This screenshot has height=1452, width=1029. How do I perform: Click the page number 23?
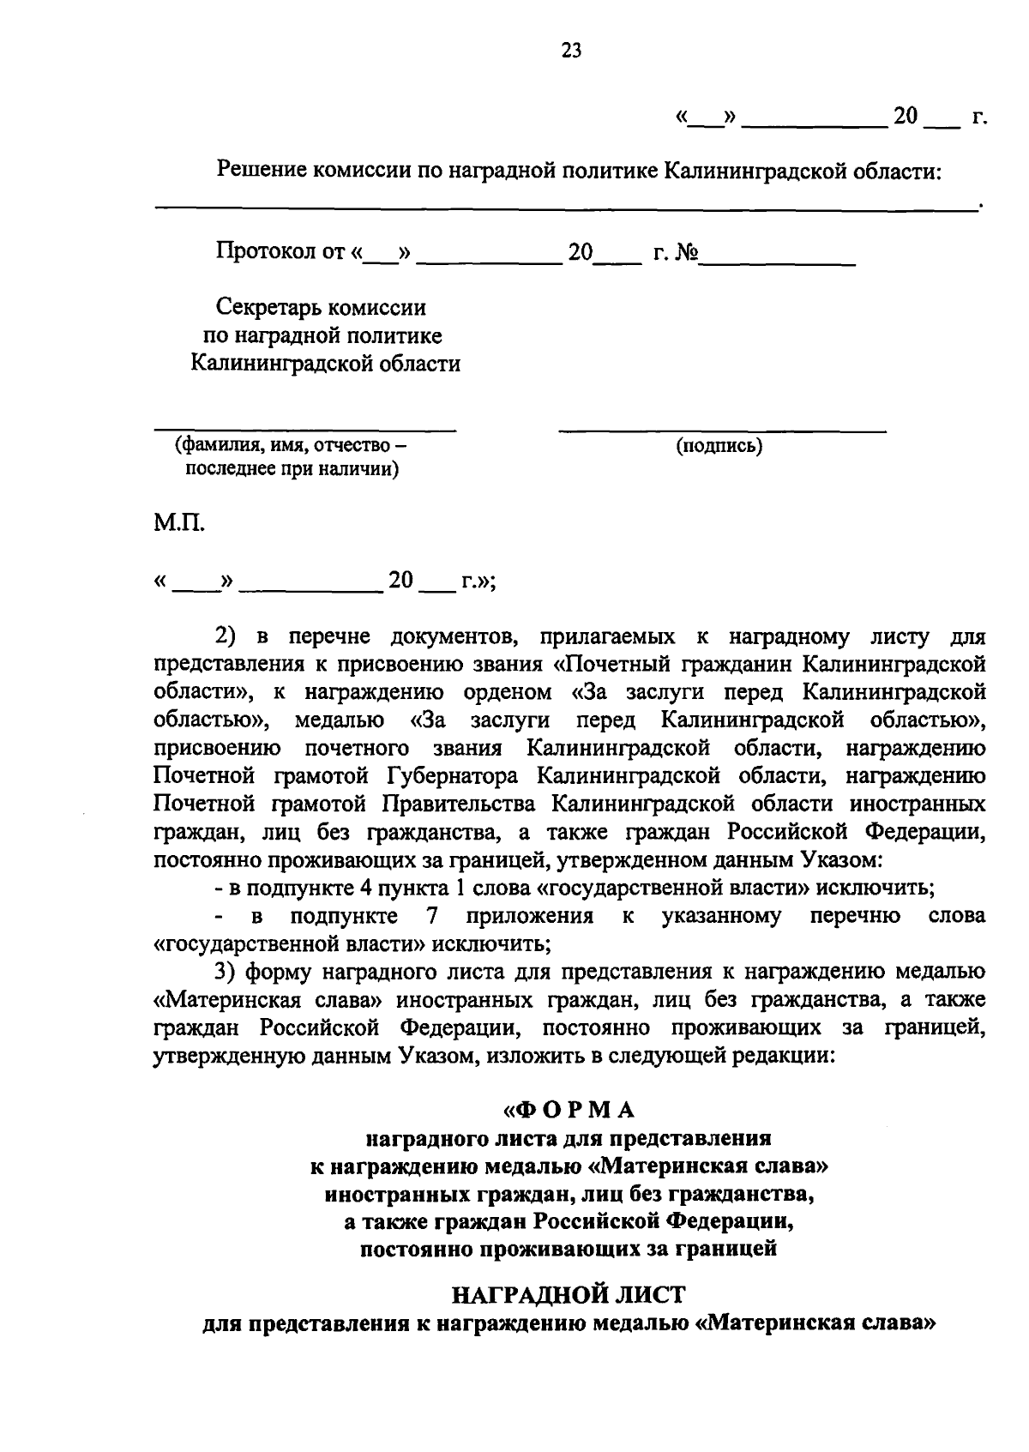pos(571,51)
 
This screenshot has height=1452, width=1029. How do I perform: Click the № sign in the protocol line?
pos(686,252)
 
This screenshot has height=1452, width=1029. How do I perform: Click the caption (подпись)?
pos(719,446)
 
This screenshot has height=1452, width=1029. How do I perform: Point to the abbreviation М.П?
pos(179,522)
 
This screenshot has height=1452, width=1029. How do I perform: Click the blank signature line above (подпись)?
pos(722,427)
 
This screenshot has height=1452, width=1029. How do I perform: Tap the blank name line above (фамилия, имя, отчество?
pos(304,427)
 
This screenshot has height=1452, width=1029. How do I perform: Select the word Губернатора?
pos(452,776)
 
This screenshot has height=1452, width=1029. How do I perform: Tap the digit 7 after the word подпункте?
pos(432,916)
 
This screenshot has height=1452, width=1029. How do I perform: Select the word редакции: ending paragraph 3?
pos(780,1055)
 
